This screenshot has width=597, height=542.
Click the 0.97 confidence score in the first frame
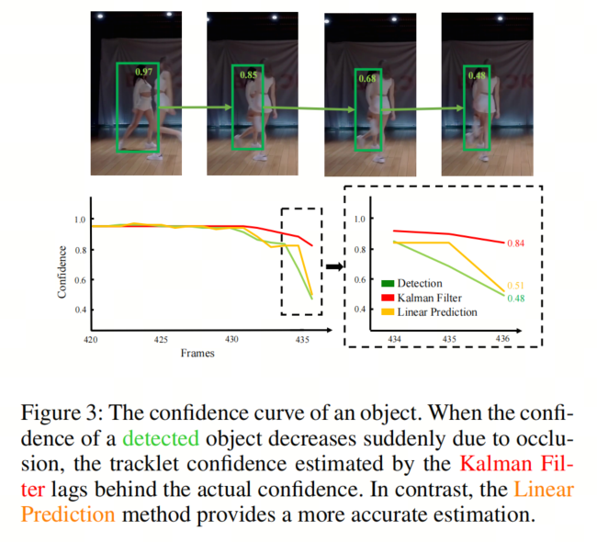(144, 72)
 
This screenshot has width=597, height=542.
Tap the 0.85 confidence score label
(246, 74)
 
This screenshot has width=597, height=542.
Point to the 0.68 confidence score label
(368, 79)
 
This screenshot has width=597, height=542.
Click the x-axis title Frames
(197, 353)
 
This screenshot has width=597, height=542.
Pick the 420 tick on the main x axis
(90, 339)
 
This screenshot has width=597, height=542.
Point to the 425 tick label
(161, 339)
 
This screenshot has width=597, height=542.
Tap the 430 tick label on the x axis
(231, 339)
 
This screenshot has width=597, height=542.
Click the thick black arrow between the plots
(333, 266)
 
